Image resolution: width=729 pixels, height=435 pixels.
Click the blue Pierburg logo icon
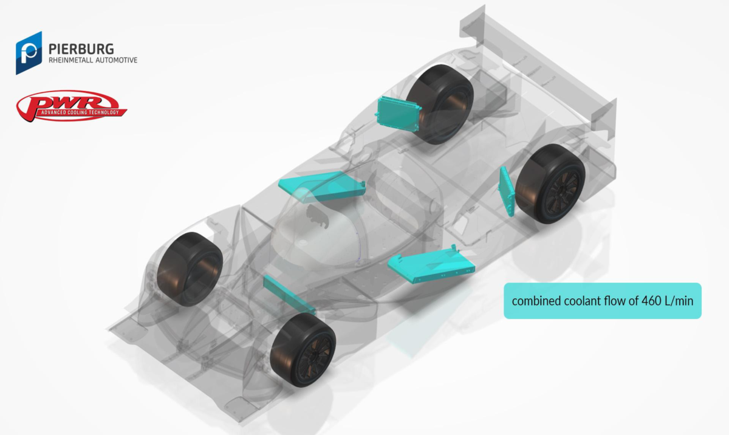point(29,53)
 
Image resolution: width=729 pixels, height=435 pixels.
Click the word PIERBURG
point(81,49)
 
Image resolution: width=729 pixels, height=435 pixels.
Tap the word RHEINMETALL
point(70,60)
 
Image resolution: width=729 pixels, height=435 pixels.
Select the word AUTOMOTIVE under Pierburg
point(116,60)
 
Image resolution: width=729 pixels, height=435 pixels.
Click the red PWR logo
point(72,106)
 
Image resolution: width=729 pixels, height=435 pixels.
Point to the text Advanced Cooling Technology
point(80,112)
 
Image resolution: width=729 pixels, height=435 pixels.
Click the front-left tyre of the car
point(190,269)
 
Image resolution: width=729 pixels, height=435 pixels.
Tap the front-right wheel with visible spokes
point(303,351)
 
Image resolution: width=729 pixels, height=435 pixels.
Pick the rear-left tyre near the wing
point(439,104)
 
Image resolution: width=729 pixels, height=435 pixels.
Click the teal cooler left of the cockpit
point(322,187)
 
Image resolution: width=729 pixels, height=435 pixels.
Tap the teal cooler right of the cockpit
point(431,264)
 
